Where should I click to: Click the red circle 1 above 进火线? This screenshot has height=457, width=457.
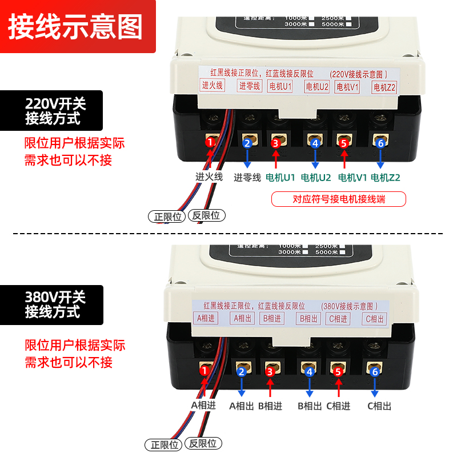[x=210, y=142]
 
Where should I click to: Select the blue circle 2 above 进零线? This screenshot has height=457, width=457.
[x=247, y=143]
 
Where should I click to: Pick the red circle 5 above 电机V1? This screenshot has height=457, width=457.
[x=343, y=143]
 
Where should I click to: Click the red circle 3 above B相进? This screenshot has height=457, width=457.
[x=270, y=371]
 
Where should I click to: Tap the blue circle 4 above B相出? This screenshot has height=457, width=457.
[x=310, y=371]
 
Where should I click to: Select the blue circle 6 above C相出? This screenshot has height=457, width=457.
[x=375, y=371]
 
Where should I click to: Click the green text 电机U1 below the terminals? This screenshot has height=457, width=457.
[x=280, y=178]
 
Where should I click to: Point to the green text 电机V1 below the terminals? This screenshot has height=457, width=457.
[x=353, y=178]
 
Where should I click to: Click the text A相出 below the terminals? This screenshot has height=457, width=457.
[x=242, y=406]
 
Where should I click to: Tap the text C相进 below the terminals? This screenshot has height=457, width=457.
[x=339, y=406]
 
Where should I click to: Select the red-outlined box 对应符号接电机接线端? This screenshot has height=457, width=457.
[x=339, y=199]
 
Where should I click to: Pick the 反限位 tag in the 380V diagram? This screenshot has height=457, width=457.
[x=203, y=444]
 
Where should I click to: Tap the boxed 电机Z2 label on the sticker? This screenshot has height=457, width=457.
[x=384, y=87]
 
